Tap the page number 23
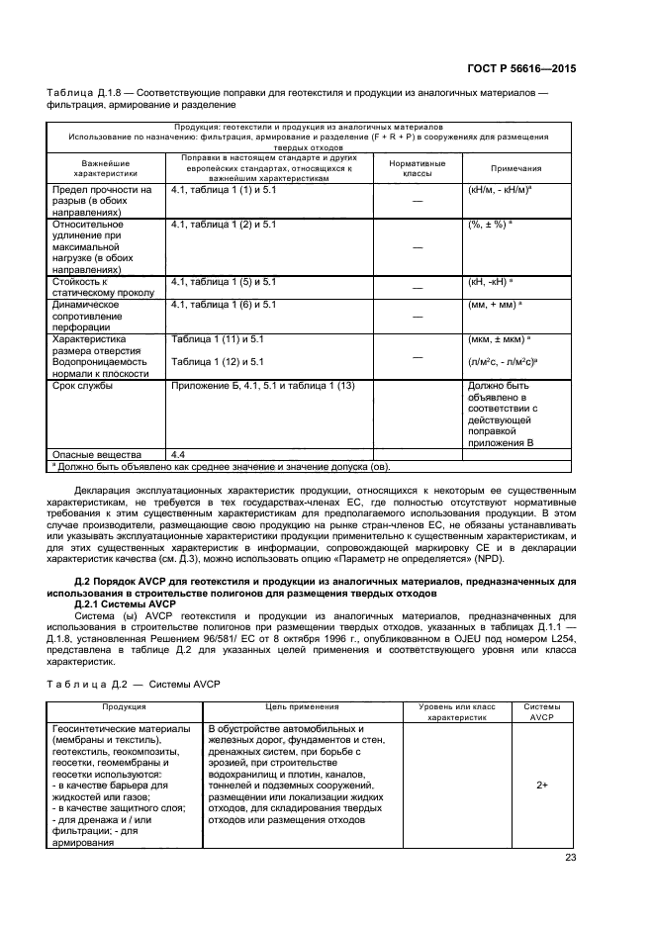tap(570, 858)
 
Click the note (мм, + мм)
tap(495, 305)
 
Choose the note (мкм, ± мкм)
tap(498, 339)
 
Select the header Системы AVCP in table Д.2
tap(542, 712)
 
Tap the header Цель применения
tap(302, 707)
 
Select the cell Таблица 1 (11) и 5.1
tap(218, 339)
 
